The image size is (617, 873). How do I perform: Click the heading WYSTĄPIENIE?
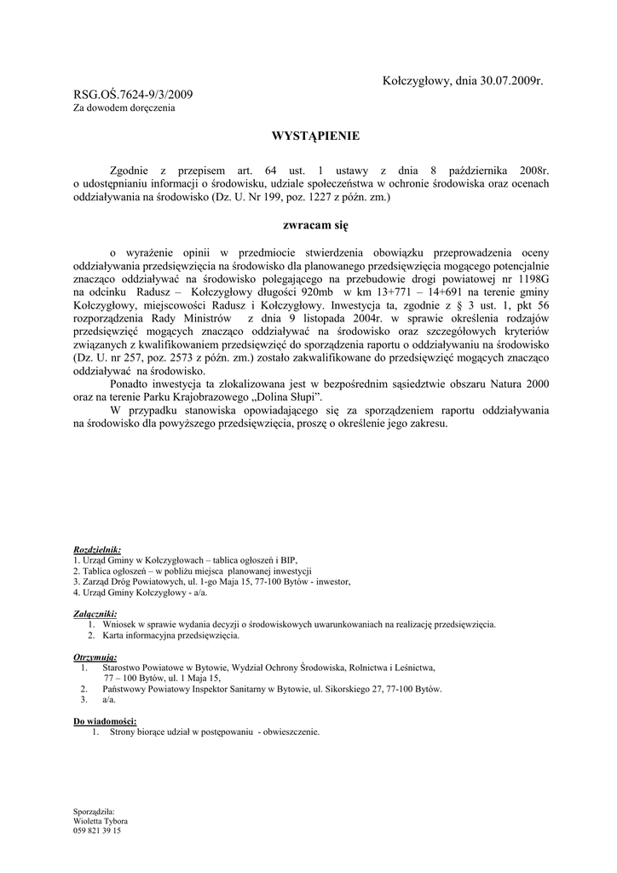[x=303, y=136]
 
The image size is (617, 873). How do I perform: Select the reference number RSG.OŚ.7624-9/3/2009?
[x=133, y=94]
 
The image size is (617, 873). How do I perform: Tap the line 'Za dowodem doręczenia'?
[x=124, y=108]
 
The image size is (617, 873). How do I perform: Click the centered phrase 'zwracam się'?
[x=303, y=226]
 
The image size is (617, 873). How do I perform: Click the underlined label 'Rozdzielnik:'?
[x=97, y=550]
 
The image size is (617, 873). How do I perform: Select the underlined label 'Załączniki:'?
[x=95, y=614]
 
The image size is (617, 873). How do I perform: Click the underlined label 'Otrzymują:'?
[x=95, y=657]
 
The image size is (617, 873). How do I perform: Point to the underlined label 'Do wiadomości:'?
[x=105, y=721]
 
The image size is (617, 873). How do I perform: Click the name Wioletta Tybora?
[x=101, y=821]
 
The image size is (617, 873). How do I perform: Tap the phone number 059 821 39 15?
[x=97, y=830]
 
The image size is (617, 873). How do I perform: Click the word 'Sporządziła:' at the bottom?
[x=95, y=812]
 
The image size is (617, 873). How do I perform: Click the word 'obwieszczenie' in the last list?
[x=292, y=731]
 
